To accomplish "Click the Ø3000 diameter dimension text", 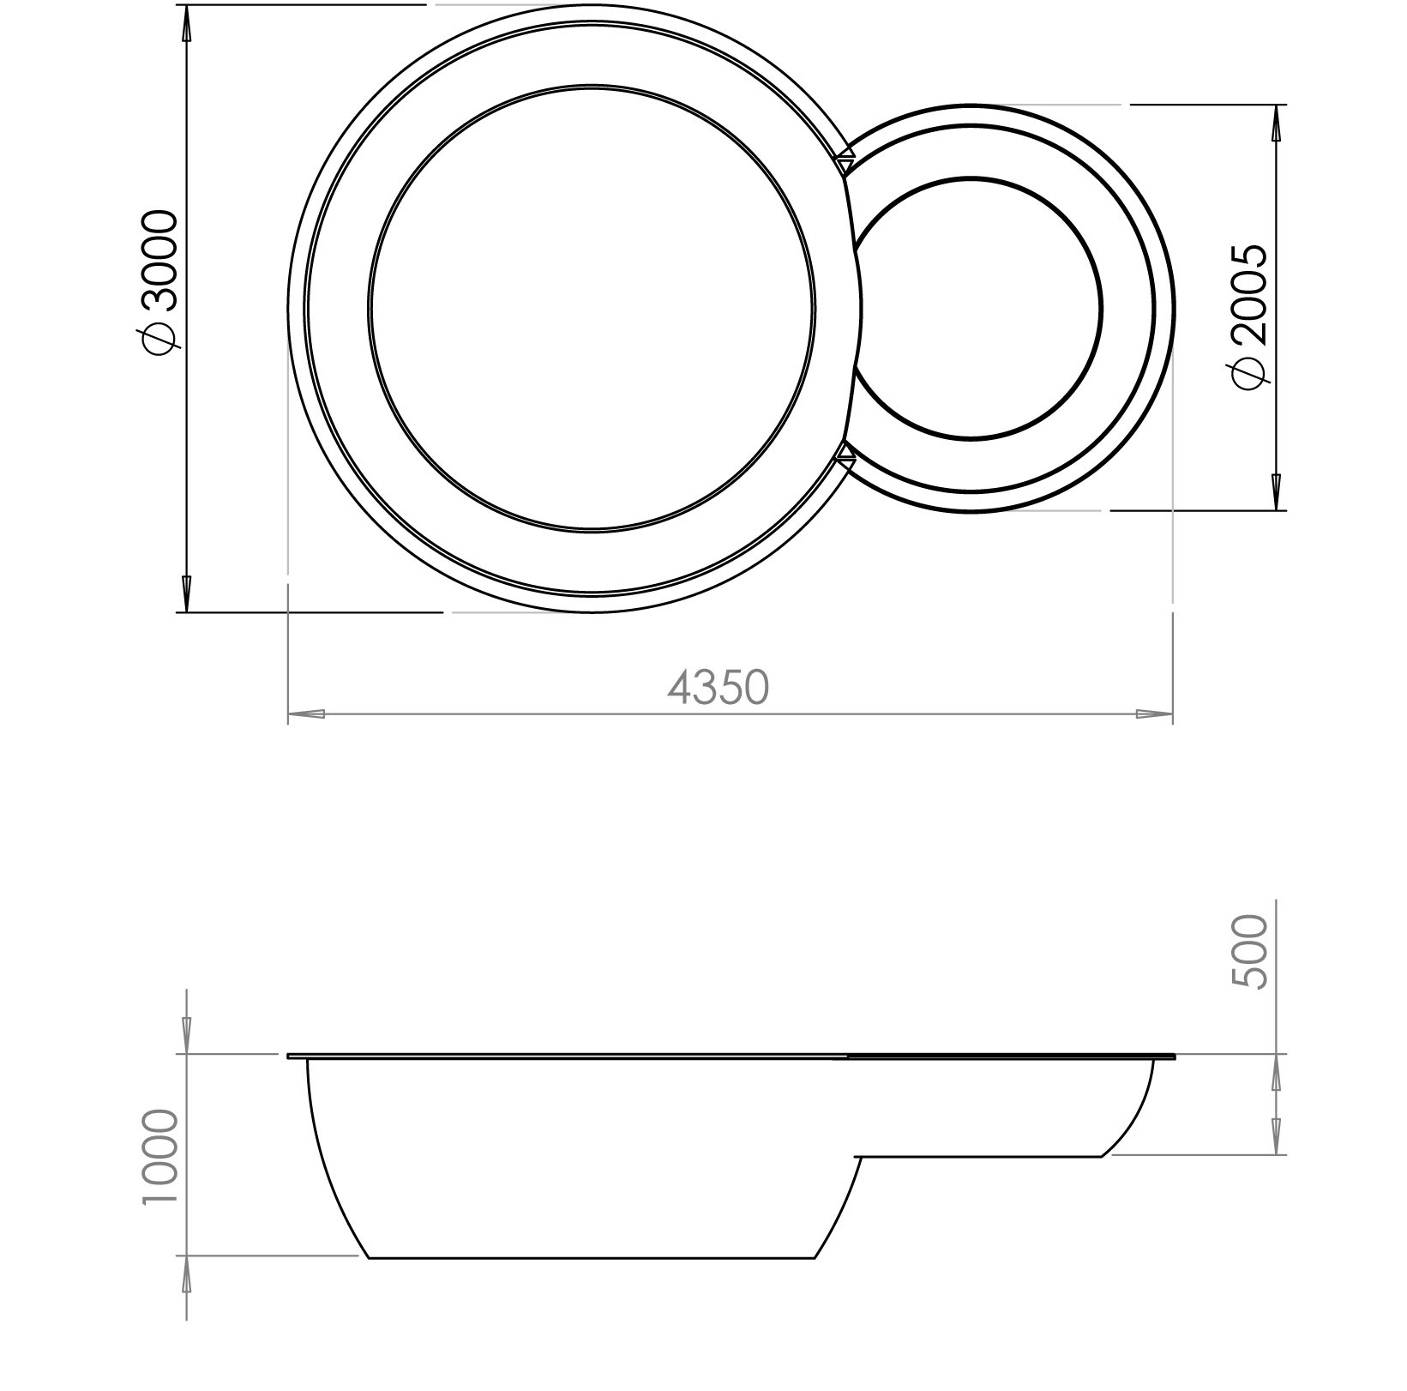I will tap(160, 280).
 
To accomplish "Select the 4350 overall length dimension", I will tap(719, 687).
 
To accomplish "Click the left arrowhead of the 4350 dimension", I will tap(305, 714).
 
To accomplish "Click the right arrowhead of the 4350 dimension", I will tap(1154, 714).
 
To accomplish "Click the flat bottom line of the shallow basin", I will tap(977, 1157).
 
